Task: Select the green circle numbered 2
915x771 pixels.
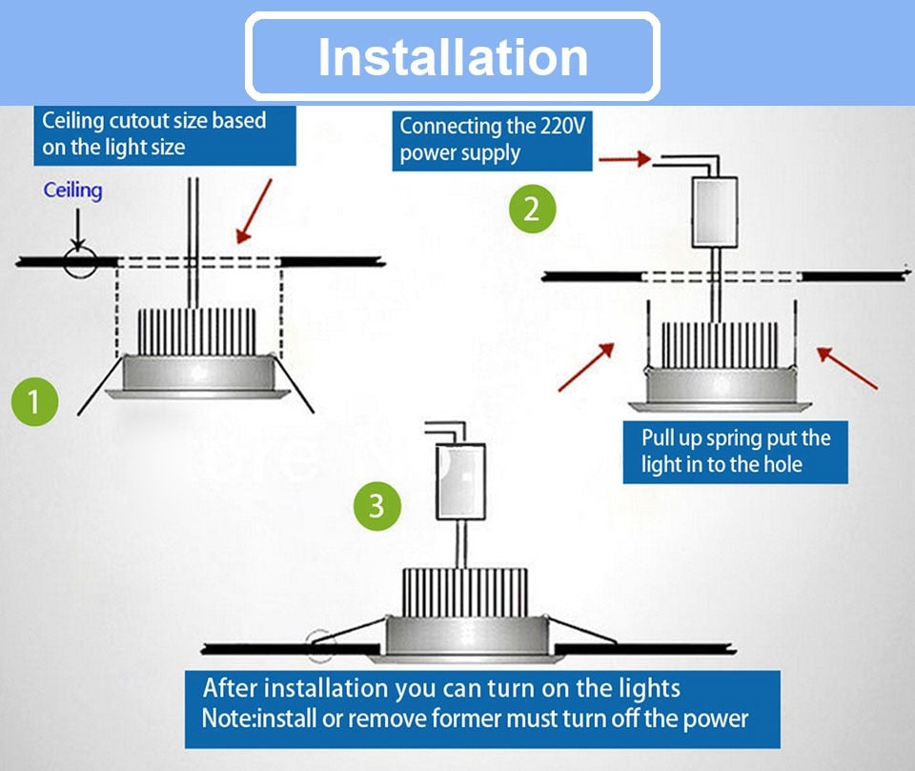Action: point(531,209)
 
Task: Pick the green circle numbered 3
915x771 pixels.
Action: point(376,505)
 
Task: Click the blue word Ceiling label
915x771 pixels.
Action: point(72,190)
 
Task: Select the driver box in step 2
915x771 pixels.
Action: point(718,211)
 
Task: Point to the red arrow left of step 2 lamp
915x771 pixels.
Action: point(585,367)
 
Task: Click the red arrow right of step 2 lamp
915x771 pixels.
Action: point(846,368)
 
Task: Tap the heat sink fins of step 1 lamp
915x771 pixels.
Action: point(197,331)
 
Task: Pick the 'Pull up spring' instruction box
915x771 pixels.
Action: point(735,452)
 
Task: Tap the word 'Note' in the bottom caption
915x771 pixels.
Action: point(226,718)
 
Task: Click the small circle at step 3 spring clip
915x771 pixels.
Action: point(322,644)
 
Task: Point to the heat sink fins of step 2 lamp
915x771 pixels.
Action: point(721,345)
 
